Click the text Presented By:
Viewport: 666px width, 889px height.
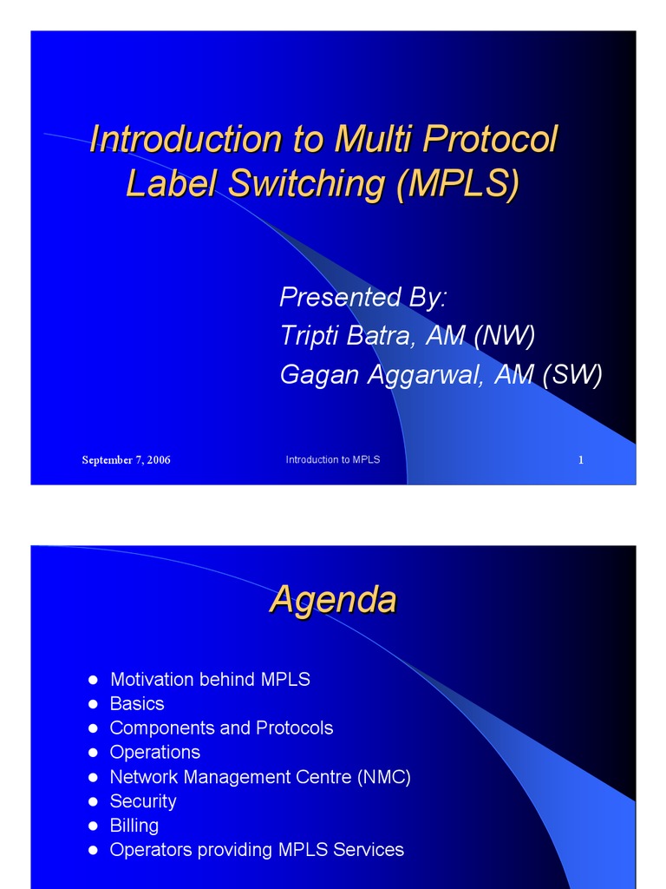point(363,297)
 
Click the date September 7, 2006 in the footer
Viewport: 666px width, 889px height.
point(126,460)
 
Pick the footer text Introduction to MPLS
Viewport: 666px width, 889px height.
point(333,459)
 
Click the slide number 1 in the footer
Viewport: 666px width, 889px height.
point(581,460)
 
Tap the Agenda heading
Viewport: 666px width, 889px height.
point(333,599)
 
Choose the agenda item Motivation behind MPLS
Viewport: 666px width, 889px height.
point(210,679)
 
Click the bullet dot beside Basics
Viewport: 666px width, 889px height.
point(93,704)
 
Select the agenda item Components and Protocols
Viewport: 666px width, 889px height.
point(221,728)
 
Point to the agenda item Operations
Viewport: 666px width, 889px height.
point(154,752)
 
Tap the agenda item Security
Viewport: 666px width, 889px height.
point(142,800)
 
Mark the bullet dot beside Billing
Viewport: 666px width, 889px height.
point(93,826)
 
